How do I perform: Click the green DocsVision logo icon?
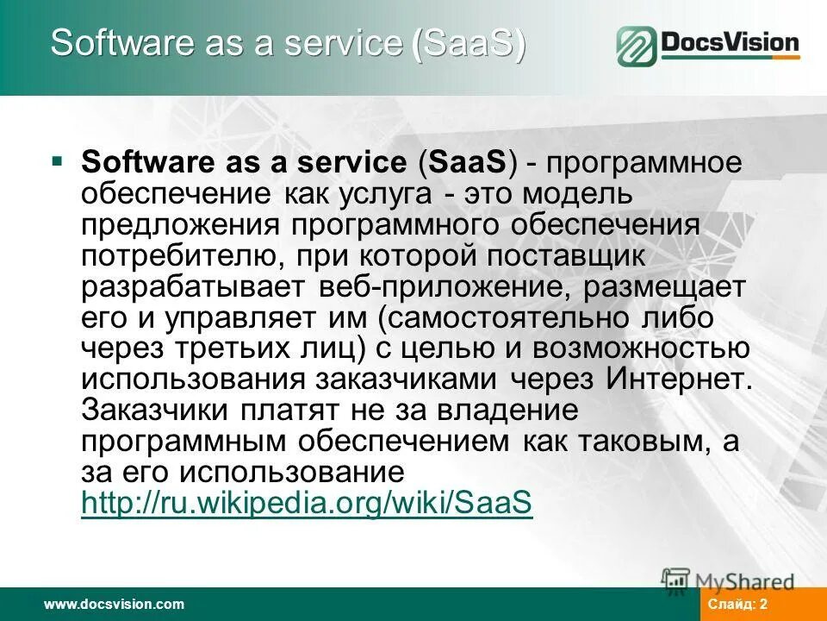pos(637,46)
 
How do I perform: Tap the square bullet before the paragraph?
pos(57,161)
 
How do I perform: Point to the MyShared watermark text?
pos(744,581)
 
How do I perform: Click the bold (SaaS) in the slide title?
pos(469,43)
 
